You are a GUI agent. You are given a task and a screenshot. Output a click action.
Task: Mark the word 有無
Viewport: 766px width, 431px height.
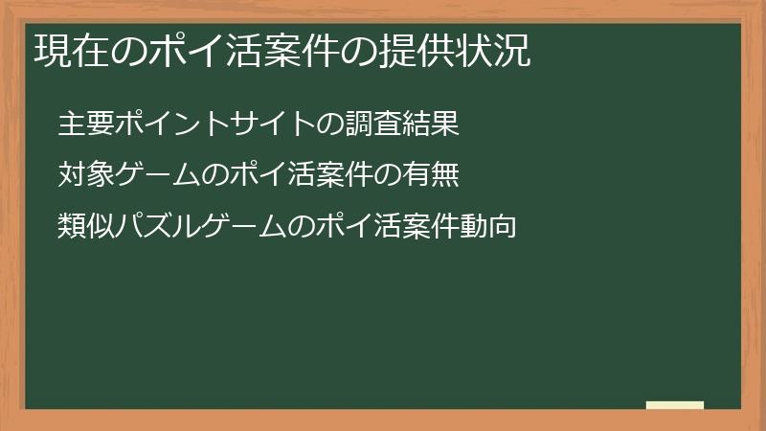point(439,176)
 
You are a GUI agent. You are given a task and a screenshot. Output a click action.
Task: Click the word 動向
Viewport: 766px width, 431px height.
point(495,228)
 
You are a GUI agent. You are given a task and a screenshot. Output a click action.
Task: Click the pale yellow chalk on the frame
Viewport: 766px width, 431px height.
point(675,405)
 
